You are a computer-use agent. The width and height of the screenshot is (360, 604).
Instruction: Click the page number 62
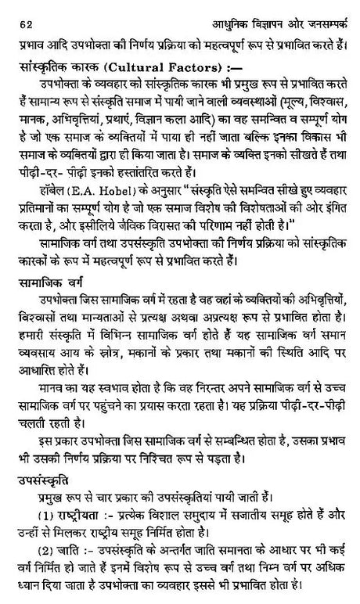(12, 9)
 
